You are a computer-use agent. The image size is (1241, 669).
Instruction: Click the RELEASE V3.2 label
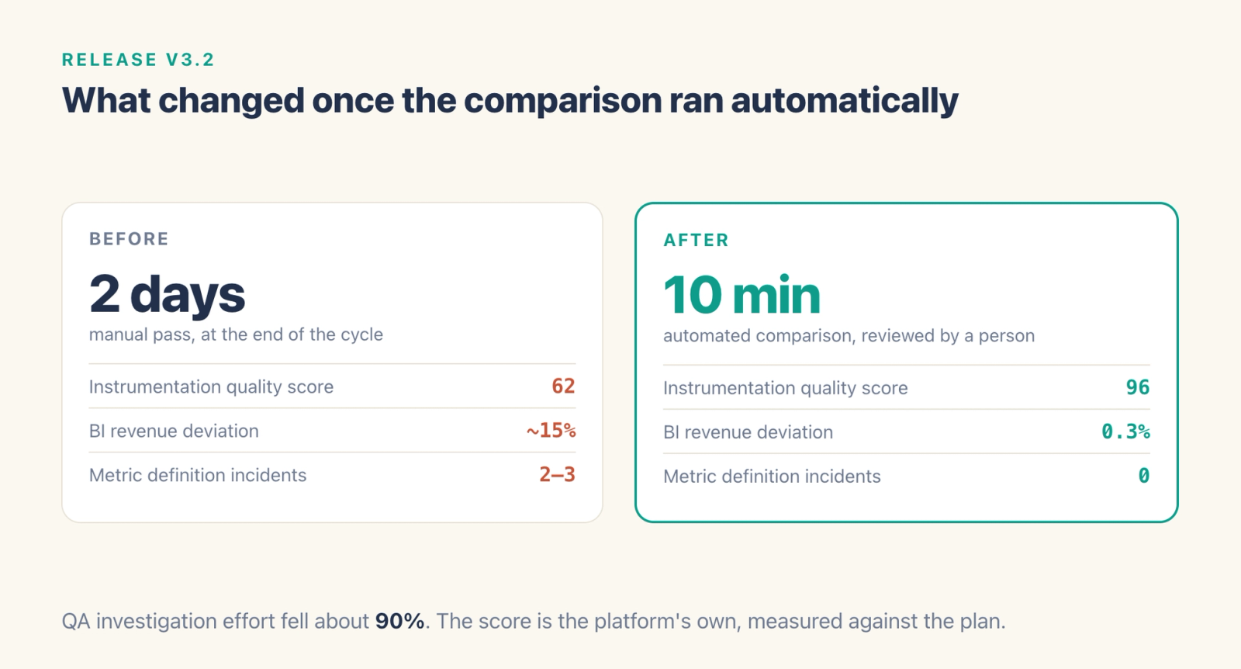click(138, 59)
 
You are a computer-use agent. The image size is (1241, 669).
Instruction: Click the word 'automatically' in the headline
click(845, 100)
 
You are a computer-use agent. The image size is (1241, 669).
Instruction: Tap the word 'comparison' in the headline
click(563, 102)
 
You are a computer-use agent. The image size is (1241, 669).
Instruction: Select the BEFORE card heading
click(129, 239)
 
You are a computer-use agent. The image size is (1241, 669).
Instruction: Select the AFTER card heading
click(697, 240)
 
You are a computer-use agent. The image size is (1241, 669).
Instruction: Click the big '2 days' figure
click(167, 294)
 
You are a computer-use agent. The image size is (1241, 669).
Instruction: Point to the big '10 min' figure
click(741, 294)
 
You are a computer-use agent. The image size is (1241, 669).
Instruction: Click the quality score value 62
click(563, 386)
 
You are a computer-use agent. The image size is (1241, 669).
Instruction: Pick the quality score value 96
click(1138, 386)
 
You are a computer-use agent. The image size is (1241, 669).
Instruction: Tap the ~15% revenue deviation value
click(551, 430)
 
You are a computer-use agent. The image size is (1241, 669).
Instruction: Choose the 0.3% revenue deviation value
click(1125, 432)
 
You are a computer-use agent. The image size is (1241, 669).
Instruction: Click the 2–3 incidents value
click(558, 474)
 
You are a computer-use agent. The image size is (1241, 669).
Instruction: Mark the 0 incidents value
click(1144, 476)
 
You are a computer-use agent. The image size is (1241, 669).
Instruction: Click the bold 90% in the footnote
click(400, 621)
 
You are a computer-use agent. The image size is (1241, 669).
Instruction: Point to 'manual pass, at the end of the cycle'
click(236, 334)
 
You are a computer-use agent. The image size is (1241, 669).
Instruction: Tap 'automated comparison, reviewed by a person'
click(849, 336)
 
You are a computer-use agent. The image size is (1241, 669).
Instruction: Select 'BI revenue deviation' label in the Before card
click(174, 431)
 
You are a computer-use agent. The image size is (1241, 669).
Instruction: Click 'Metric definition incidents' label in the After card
click(772, 476)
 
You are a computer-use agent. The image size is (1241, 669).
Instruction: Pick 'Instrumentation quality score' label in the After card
click(786, 388)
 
